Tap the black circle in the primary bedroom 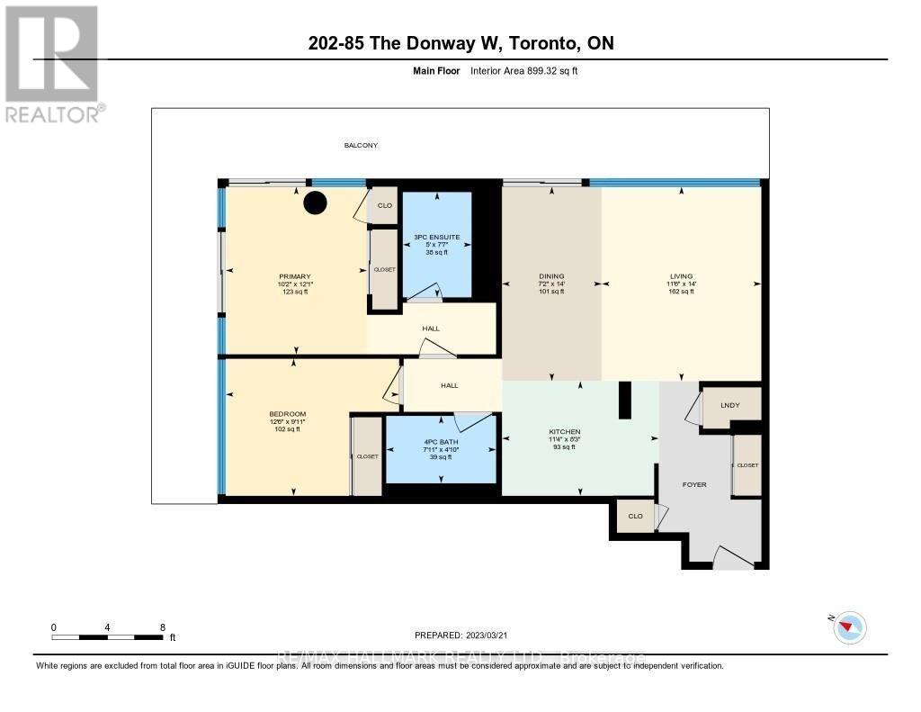coord(314,204)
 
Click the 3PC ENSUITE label coord(437,237)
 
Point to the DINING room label coord(550,276)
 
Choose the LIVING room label coord(681,276)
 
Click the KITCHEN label coord(565,432)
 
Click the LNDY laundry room coord(730,405)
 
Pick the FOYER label coord(694,484)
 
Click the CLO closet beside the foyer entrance coord(635,517)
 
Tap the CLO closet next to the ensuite coord(385,205)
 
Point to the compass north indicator coord(849,626)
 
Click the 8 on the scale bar coord(162,627)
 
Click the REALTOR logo coord(52,63)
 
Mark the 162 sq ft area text coord(681,292)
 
